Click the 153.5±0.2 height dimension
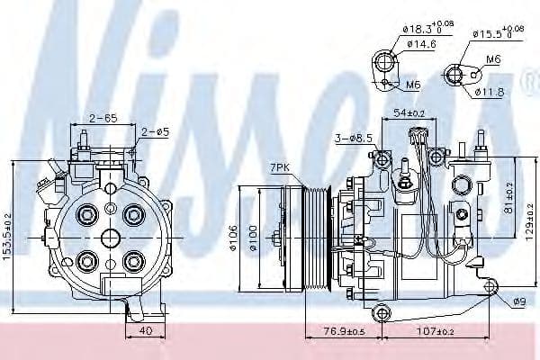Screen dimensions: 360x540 click(6, 236)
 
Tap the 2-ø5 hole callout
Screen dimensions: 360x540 click(155, 132)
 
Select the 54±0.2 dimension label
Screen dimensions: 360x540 click(409, 114)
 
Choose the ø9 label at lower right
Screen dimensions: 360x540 click(519, 301)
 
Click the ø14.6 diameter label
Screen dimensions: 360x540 click(421, 43)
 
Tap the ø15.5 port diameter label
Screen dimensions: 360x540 click(496, 35)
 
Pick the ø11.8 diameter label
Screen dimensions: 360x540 click(493, 90)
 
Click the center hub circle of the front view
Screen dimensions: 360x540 click(110, 238)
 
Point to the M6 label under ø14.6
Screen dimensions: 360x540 click(412, 85)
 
